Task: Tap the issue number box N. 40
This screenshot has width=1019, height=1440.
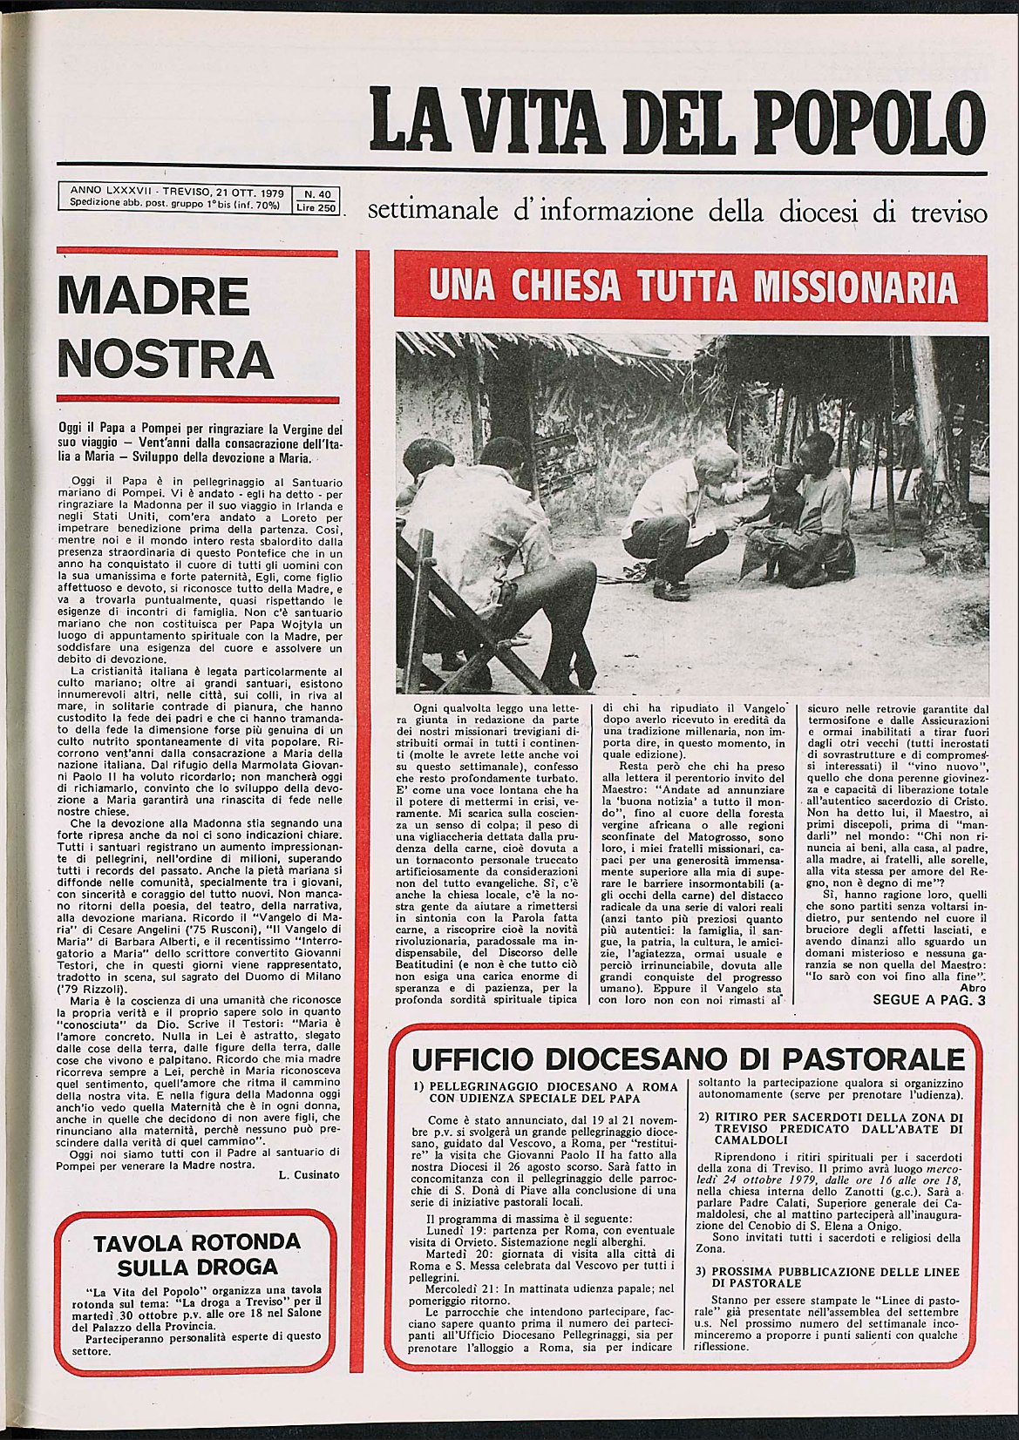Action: (x=316, y=195)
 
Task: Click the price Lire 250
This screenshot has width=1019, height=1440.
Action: (x=316, y=208)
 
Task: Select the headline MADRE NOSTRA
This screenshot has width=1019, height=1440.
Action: (x=165, y=326)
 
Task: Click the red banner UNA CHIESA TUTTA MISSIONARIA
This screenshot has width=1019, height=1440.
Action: (x=690, y=287)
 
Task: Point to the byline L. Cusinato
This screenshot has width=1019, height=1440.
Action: (x=309, y=1174)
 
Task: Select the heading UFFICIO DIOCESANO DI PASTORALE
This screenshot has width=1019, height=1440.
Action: (x=688, y=1060)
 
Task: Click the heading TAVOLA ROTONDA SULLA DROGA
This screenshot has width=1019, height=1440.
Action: (x=197, y=1254)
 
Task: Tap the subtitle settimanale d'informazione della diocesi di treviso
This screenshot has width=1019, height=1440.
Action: (x=677, y=212)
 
